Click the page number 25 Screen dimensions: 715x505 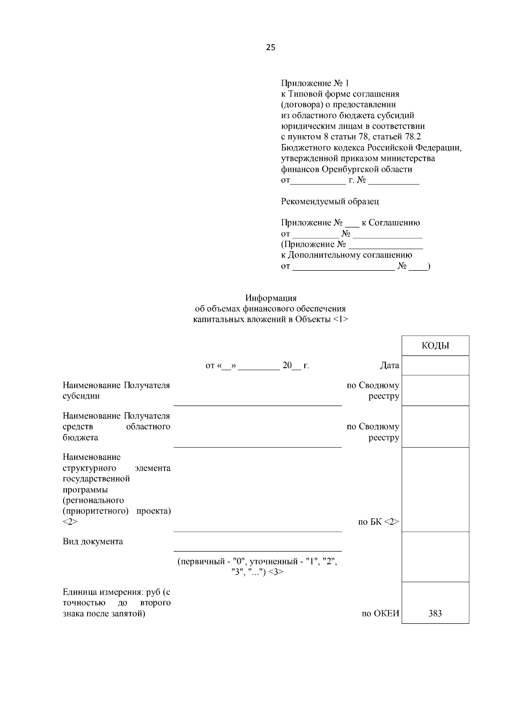tap(271, 48)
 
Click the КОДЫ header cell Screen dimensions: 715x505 tap(435, 346)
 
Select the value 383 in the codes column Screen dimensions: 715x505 tap(435, 613)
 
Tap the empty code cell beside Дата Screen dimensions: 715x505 tap(435, 365)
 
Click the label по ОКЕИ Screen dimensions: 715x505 tap(380, 613)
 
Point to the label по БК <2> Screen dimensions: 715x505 tap(378, 522)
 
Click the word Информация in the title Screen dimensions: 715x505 tap(271, 298)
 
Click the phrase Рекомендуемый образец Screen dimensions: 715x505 tap(330, 201)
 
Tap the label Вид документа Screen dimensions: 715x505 tap(93, 542)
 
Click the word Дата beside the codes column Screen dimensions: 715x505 tap(389, 366)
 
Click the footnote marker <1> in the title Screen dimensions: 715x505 tap(340, 320)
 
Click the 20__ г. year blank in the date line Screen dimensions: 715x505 tap(295, 366)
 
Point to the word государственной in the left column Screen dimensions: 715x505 tap(96, 479)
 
